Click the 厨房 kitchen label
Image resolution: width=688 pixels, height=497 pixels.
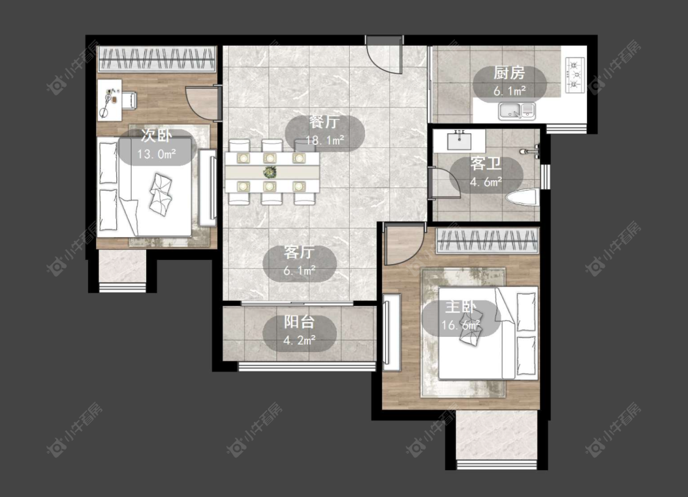point(509,73)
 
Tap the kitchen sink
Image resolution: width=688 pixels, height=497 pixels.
point(517,111)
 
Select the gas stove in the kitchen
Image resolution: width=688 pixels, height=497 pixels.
point(575,75)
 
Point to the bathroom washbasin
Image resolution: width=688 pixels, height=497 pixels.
point(459,141)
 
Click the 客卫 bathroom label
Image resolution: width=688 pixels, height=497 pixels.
point(486,164)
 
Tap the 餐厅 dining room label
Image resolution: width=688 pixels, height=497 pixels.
point(324,122)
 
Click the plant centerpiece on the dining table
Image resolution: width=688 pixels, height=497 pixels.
point(270,172)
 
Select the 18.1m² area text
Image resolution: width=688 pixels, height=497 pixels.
point(325,141)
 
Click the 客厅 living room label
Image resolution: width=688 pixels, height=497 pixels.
point(299,252)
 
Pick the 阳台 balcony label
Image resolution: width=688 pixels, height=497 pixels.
point(299,322)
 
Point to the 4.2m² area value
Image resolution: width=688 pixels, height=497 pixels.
point(299,341)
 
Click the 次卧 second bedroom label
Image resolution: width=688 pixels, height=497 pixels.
point(156,136)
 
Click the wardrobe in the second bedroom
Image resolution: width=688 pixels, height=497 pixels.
point(157,59)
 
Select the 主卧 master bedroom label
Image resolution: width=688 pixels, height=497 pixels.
point(461,307)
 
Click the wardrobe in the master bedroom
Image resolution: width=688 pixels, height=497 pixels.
point(487,241)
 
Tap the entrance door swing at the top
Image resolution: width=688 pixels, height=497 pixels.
point(385,55)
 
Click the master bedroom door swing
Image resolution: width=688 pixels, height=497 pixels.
point(404,244)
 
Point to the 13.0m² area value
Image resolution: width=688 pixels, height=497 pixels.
point(157,154)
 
